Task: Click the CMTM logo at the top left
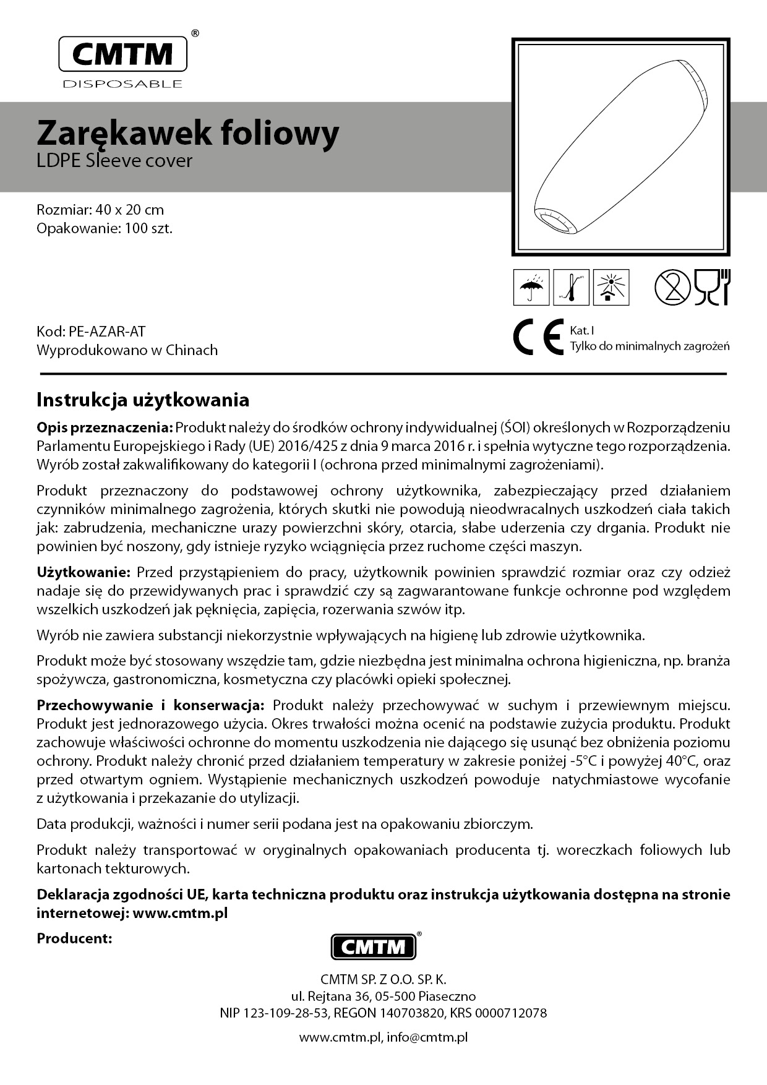122,54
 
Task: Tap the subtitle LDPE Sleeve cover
114,161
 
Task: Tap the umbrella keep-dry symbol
531,288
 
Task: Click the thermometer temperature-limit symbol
571,288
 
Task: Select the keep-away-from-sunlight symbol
611,288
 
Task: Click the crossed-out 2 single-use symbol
672,288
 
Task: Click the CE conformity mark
538,337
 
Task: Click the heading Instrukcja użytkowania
143,400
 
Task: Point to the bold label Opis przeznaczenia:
105,427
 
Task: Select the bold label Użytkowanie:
84,572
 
